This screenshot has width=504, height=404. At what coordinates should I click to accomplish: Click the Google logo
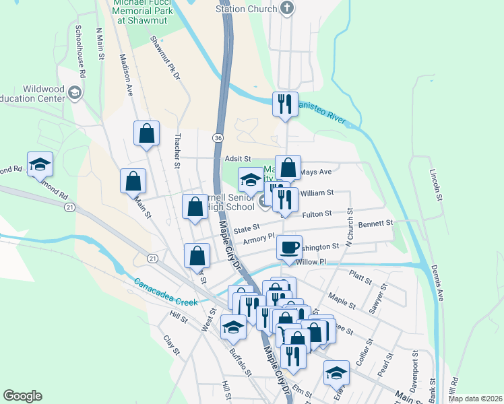pyautogui.click(x=22, y=396)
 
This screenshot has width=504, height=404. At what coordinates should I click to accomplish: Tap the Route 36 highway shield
pyautogui.click(x=217, y=137)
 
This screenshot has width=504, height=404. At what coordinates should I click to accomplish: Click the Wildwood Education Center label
pyautogui.click(x=34, y=94)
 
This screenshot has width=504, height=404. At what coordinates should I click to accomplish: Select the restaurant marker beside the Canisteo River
pyautogui.click(x=284, y=104)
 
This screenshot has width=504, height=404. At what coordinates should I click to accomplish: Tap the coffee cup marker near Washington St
pyautogui.click(x=289, y=247)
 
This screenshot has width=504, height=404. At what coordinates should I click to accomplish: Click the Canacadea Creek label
pyautogui.click(x=166, y=292)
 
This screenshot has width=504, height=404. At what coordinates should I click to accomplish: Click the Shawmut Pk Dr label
pyautogui.click(x=165, y=59)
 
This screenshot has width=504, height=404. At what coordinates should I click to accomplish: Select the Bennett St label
pyautogui.click(x=375, y=224)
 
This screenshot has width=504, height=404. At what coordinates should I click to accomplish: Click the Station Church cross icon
pyautogui.click(x=287, y=9)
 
